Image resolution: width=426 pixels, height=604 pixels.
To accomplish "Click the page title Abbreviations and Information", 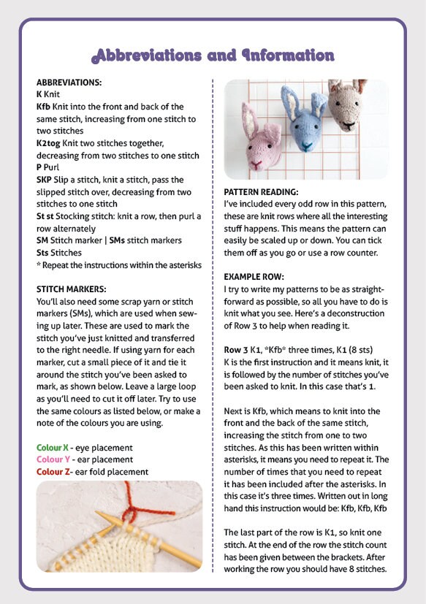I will click(213, 56).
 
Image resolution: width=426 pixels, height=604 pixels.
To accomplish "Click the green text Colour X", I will click(53, 447).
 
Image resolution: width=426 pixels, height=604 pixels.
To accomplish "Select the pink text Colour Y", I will click(53, 459).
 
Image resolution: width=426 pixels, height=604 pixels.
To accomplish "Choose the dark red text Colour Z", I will click(53, 472).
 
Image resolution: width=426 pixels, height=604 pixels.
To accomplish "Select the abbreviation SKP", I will click(44, 179).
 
